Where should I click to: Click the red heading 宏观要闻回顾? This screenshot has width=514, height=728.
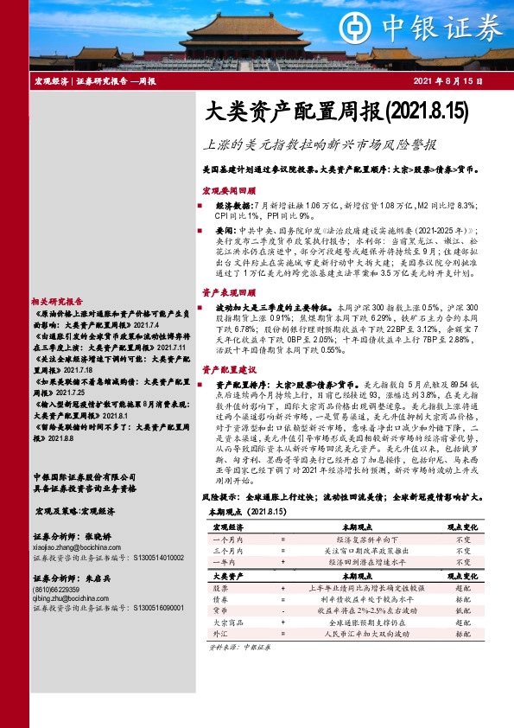click(x=228, y=188)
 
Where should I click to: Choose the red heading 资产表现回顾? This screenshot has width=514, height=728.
click(x=228, y=294)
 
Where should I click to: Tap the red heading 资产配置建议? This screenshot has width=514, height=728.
click(x=228, y=368)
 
